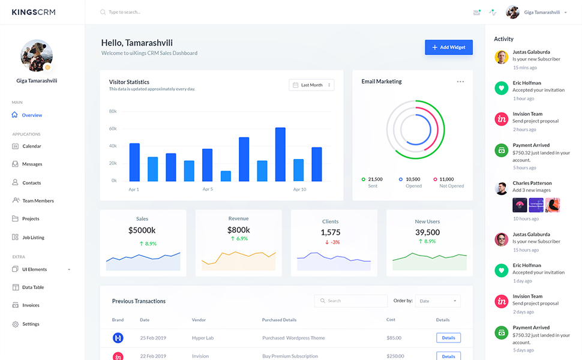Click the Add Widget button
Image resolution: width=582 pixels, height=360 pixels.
point(448,47)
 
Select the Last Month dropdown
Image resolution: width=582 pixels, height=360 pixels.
point(311,85)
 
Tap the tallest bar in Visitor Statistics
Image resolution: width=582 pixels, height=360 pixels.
point(280,154)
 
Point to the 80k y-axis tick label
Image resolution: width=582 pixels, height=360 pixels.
point(113,112)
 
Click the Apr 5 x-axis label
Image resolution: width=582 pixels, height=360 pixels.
point(208,190)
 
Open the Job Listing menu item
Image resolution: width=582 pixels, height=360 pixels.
point(33,238)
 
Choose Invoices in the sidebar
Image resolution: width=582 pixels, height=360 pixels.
point(31,305)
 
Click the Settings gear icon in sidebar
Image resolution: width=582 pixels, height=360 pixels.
point(16,324)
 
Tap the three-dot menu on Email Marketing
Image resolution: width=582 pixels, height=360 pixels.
point(460,82)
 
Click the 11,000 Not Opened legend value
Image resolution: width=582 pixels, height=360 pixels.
point(446,179)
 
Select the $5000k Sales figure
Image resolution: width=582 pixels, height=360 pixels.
point(142,230)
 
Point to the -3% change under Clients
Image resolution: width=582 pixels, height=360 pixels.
point(332,242)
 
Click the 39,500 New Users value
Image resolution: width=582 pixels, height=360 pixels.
point(427,232)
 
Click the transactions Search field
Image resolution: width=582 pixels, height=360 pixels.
point(351,301)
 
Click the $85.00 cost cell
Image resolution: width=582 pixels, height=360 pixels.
point(394,338)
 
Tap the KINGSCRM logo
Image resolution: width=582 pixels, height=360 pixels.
point(34,12)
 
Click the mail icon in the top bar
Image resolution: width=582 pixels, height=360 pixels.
point(476,12)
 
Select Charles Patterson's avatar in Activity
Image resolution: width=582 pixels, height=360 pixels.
point(501,188)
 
